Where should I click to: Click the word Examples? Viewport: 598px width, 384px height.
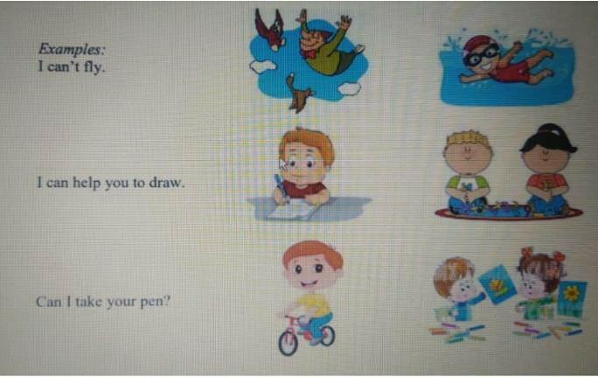click(72, 49)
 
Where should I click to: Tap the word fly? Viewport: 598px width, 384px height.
click(94, 67)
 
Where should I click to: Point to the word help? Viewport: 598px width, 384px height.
click(87, 183)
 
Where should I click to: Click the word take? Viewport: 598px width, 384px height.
click(89, 302)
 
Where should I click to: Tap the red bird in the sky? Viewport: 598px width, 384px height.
click(270, 30)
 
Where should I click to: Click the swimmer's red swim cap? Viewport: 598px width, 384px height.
click(476, 43)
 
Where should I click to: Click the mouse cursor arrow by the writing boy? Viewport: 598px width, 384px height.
click(283, 165)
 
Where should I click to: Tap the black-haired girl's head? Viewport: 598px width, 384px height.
click(547, 149)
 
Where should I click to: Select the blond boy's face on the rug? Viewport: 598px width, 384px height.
click(468, 154)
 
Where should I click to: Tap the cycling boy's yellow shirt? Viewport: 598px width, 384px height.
click(314, 303)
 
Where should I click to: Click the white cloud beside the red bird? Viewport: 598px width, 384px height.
click(262, 66)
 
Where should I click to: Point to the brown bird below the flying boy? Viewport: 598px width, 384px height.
click(299, 94)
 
